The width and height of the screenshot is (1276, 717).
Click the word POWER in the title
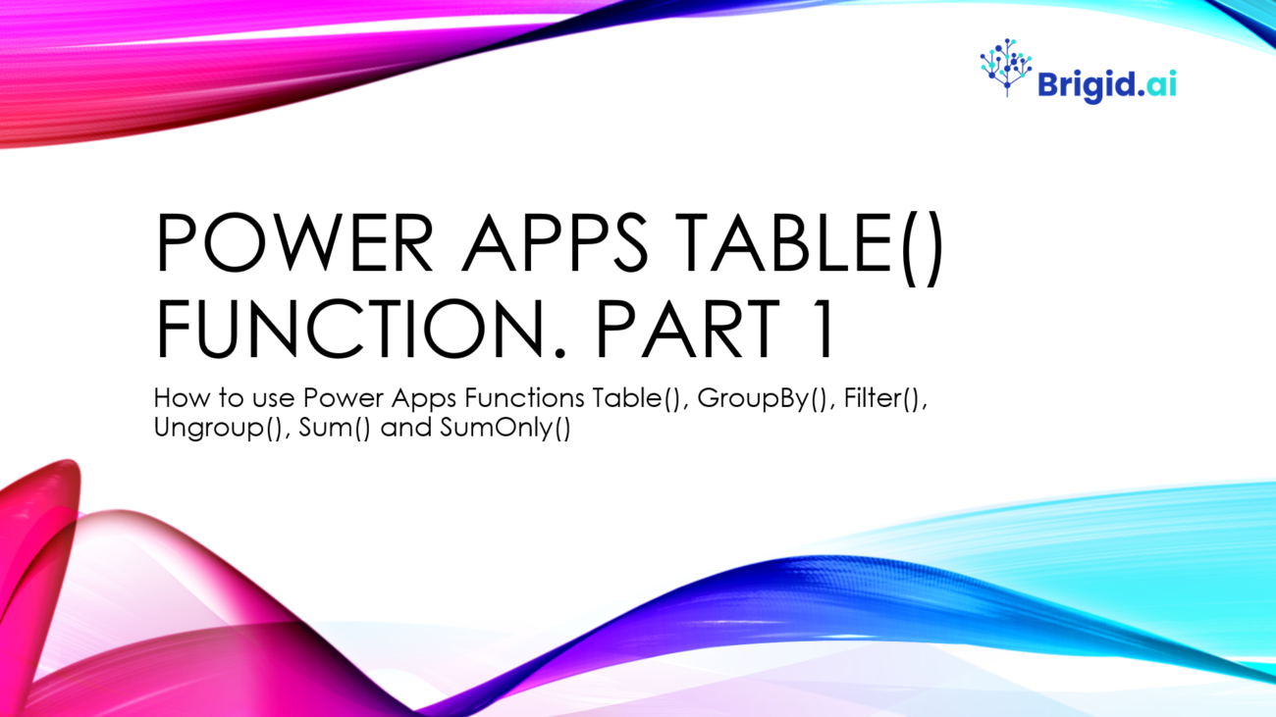294,243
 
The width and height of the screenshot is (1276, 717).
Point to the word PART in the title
687,329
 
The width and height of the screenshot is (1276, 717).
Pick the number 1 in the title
821,329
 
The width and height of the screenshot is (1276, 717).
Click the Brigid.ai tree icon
1006,67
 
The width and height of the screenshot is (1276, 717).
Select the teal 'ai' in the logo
1161,85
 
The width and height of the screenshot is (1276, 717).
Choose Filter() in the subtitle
885,398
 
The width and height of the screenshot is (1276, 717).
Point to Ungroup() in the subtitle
219,428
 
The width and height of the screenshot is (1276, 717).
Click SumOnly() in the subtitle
505,428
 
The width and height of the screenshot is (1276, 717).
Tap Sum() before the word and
335,428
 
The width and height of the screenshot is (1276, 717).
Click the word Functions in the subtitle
524,398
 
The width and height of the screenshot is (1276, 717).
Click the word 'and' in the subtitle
405,427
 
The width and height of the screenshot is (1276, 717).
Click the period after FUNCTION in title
559,353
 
